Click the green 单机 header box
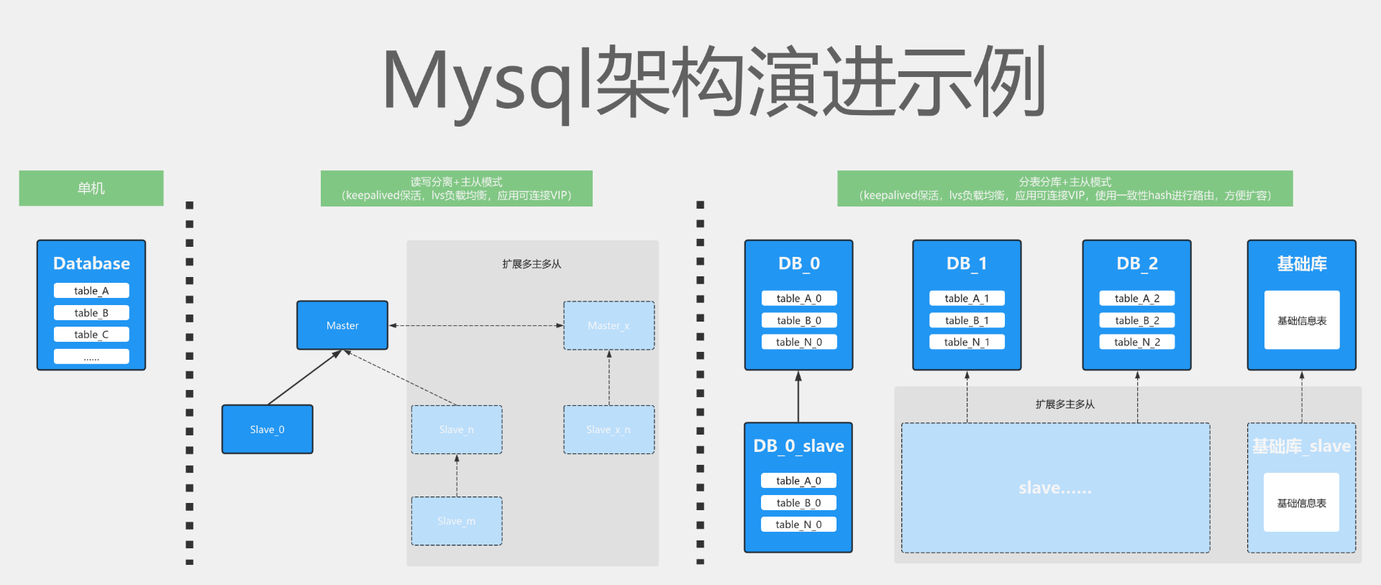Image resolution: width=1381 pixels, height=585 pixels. [91, 188]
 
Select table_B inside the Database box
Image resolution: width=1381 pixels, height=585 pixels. [91, 313]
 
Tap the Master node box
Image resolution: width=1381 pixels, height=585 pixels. [342, 325]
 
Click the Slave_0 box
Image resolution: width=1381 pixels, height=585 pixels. [267, 430]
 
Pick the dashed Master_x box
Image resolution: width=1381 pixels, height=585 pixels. [609, 325]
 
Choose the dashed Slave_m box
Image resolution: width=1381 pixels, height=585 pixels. [456, 521]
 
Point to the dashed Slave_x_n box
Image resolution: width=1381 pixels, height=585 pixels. [609, 430]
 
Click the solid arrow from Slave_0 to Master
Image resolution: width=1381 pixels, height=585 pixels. [304, 378]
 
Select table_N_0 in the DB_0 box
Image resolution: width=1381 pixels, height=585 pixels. [798, 342]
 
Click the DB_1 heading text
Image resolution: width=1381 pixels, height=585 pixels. [966, 263]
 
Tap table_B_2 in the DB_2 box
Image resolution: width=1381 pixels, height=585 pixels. [1136, 320]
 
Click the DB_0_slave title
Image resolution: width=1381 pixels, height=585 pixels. [798, 446]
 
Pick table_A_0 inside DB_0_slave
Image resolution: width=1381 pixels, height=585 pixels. [798, 481]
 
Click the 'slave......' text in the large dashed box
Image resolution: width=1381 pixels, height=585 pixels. [1055, 488]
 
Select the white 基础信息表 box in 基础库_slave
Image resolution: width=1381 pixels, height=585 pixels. [1301, 502]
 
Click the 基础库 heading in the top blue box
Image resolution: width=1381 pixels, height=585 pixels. [1301, 263]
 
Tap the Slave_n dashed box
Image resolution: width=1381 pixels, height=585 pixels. [456, 430]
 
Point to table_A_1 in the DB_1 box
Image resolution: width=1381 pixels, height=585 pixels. [966, 298]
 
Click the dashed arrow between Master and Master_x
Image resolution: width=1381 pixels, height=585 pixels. [475, 325]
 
